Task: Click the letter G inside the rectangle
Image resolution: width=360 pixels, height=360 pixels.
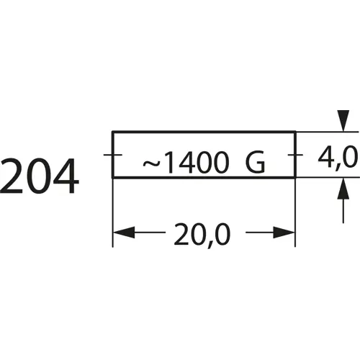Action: [255, 165]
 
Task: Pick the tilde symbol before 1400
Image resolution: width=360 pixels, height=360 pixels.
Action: [152, 164]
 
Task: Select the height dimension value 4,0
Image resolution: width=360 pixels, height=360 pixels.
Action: [338, 156]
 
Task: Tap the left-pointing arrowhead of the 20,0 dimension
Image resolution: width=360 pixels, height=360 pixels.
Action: [123, 233]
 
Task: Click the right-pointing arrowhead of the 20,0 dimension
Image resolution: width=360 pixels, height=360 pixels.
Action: [286, 233]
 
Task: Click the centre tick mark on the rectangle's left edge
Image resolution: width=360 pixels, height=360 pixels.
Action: [112, 154]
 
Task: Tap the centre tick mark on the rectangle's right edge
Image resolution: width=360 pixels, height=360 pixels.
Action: [295, 154]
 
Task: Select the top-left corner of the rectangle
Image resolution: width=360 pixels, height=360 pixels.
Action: [113, 132]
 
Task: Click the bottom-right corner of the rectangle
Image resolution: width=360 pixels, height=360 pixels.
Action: [295, 177]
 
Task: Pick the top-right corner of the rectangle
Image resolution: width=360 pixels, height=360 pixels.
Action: [295, 132]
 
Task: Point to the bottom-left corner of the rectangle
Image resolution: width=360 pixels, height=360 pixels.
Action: [113, 177]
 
